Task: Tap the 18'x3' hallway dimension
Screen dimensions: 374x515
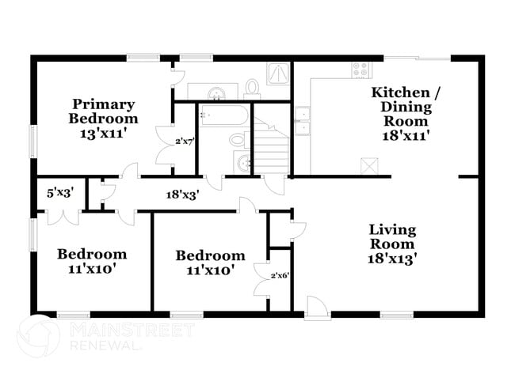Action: [x=181, y=193]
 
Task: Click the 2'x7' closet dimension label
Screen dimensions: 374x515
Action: [x=184, y=142]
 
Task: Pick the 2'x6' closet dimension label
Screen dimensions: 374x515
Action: [x=280, y=275]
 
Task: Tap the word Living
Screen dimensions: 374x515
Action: [x=392, y=229]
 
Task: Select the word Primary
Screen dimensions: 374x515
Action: [x=104, y=104]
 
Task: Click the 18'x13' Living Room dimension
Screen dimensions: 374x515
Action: [x=392, y=258]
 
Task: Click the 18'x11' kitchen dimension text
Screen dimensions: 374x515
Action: [x=405, y=135]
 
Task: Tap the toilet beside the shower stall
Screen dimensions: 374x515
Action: [x=253, y=85]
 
